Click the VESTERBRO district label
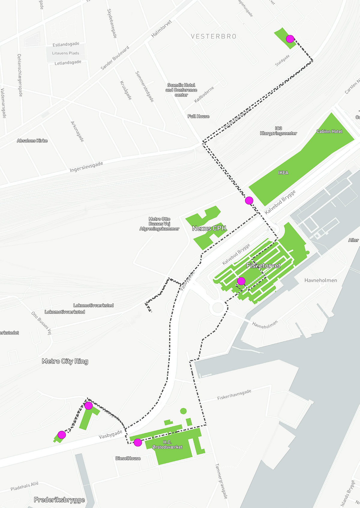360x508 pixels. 214,37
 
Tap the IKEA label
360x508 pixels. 283,173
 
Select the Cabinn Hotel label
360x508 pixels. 329,131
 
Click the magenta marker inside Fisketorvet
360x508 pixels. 241,281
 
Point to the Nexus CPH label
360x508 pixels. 209,228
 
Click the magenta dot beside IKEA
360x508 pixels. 249,200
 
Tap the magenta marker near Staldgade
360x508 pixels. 290,39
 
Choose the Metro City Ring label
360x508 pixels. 65,361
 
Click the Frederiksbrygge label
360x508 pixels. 59,500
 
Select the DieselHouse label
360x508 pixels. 128,458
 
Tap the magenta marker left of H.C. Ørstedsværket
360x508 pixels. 138,442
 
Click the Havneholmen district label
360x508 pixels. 320,280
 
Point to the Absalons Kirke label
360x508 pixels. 32,141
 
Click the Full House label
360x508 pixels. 198,116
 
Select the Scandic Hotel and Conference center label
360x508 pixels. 181,90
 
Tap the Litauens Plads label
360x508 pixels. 65,53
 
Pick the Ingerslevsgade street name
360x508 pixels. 86,167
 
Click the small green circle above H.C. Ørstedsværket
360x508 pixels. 183,411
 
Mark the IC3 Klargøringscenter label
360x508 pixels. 278,131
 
